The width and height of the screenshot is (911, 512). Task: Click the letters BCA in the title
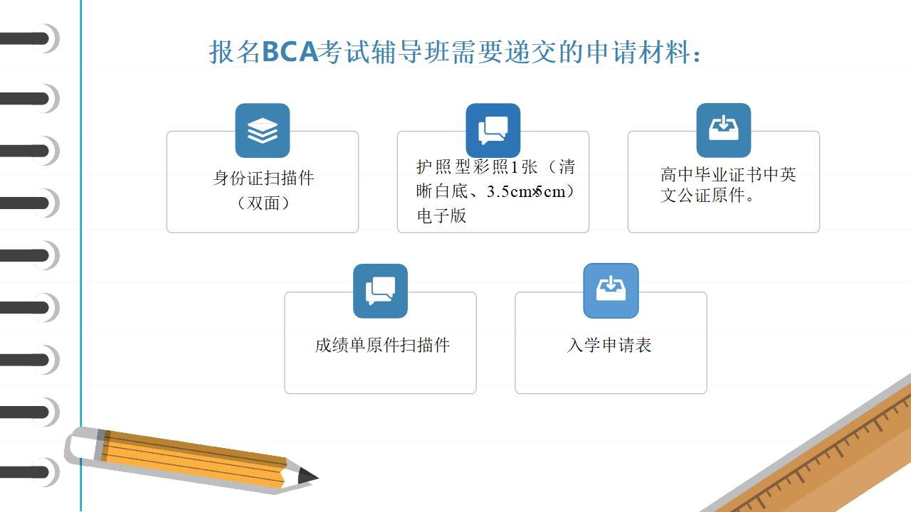tap(290, 52)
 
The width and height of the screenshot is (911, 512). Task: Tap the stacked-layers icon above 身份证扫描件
tap(263, 130)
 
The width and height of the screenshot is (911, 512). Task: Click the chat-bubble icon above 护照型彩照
tap(493, 130)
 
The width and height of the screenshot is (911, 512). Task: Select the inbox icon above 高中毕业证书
tap(724, 130)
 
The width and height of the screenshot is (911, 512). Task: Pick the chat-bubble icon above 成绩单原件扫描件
tap(380, 291)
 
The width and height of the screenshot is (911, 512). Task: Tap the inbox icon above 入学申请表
tap(611, 291)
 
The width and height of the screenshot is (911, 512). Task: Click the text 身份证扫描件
tap(263, 178)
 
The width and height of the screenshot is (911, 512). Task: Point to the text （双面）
tap(263, 203)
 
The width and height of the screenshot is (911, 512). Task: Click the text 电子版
tap(441, 215)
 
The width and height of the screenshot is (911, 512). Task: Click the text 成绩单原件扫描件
tap(382, 345)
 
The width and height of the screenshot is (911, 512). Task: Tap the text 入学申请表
tap(609, 345)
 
